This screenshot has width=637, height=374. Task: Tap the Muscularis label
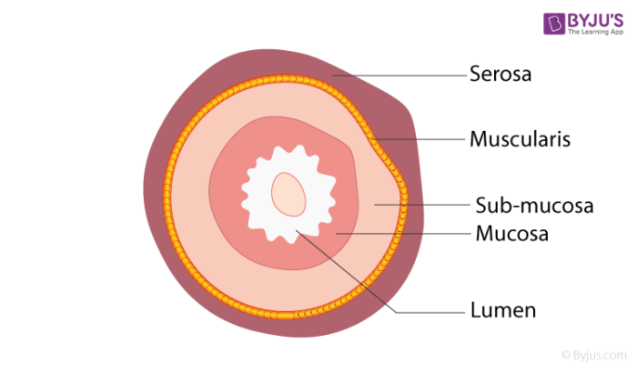tap(520, 140)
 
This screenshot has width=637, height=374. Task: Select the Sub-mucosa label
tap(534, 206)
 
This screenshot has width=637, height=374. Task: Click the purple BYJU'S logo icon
tap(555, 24)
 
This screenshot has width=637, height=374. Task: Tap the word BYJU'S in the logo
tap(594, 18)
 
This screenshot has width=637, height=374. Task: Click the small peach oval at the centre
tap(289, 193)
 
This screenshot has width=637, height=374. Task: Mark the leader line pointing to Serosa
tap(400, 74)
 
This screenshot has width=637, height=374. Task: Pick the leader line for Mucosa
tap(400, 234)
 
